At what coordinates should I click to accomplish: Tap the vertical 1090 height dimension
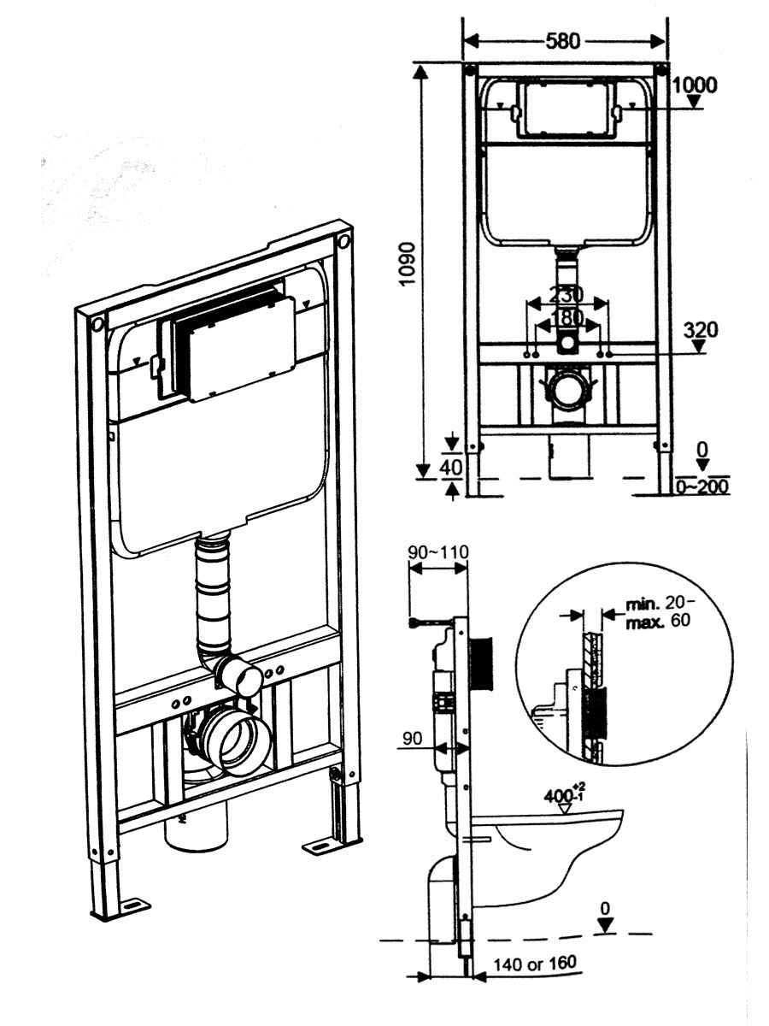tap(407, 263)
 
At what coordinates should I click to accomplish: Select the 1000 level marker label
tap(696, 85)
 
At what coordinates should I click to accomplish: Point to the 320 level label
tap(701, 331)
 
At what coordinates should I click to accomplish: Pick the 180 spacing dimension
tap(566, 319)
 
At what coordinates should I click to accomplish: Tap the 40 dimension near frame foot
tap(451, 468)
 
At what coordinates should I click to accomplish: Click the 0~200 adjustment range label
tap(701, 487)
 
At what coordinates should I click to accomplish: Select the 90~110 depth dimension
tap(438, 552)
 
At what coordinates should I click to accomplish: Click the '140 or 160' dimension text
tap(535, 963)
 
